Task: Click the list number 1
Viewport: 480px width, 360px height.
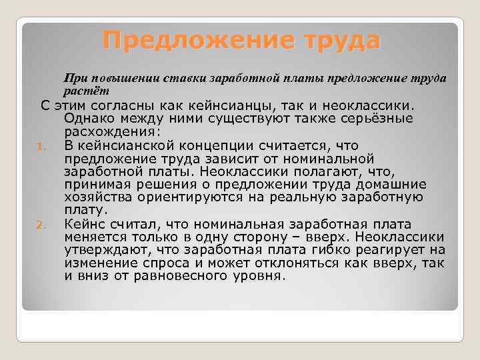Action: [x=40, y=145]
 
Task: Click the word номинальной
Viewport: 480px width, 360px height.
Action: [x=318, y=158]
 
